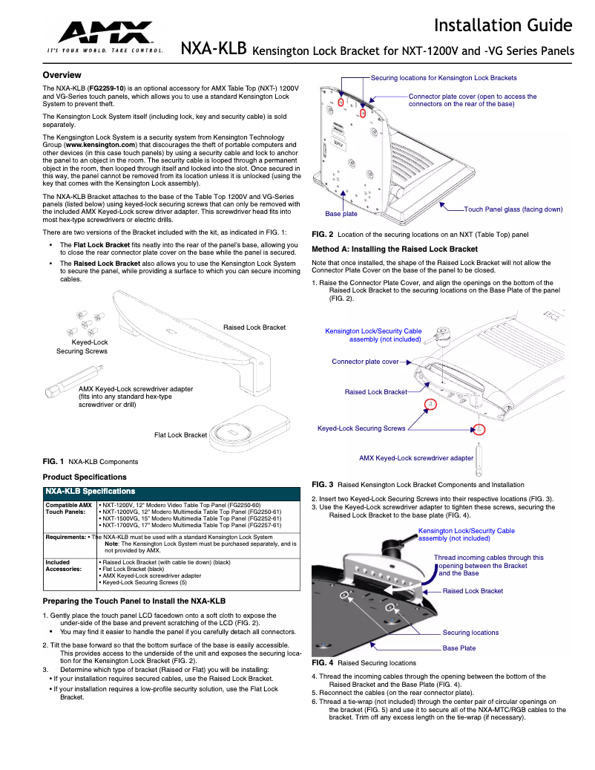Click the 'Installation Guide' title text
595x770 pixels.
[503, 26]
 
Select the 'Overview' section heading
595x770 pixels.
[62, 76]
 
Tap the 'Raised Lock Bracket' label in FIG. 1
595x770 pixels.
[254, 327]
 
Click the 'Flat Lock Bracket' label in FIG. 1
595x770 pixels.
[180, 434]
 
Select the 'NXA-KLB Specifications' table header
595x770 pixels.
[91, 492]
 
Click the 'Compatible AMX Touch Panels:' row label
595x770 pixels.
[68, 509]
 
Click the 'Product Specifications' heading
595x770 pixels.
[85, 477]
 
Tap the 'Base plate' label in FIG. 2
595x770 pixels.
[341, 214]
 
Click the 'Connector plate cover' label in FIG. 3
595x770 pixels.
[365, 362]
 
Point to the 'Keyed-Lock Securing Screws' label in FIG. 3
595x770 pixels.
[361, 428]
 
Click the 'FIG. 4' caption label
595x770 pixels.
[322, 662]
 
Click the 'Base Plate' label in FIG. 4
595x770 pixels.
[459, 648]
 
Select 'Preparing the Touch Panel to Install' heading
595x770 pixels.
[134, 600]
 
